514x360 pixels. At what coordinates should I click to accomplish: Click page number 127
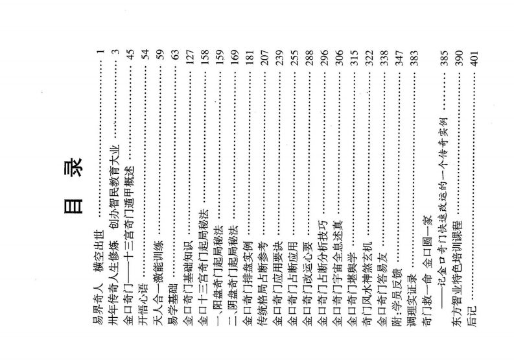[x=189, y=57]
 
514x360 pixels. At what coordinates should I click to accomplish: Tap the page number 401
[x=473, y=58]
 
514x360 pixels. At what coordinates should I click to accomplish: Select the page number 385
[x=443, y=58]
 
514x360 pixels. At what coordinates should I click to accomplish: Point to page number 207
[x=264, y=57]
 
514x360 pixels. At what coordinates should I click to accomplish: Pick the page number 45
[x=129, y=54]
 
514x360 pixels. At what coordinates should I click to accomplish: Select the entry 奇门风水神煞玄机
[x=368, y=283]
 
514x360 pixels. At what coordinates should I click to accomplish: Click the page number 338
[x=383, y=57]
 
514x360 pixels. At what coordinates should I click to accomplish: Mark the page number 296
[x=323, y=57]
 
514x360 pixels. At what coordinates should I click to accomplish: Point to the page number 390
[x=458, y=58]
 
